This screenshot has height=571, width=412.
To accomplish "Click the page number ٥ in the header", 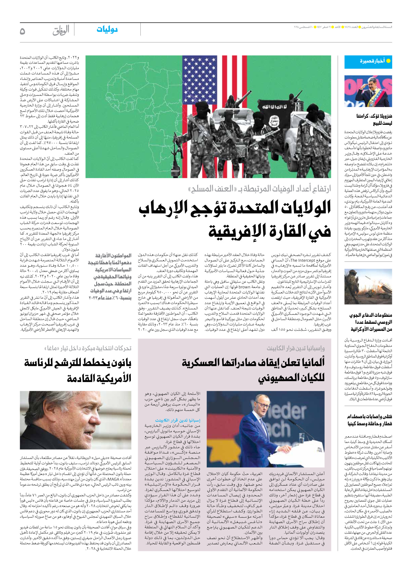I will click(22, 31).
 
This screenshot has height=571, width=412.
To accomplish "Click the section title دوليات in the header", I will click(107, 30).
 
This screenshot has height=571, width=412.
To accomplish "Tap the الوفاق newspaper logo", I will click(61, 31).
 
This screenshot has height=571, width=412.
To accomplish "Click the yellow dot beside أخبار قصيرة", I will click(388, 61).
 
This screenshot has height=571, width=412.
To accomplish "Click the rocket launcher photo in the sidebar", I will click(368, 286).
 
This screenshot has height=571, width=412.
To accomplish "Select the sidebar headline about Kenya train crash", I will click(369, 420).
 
